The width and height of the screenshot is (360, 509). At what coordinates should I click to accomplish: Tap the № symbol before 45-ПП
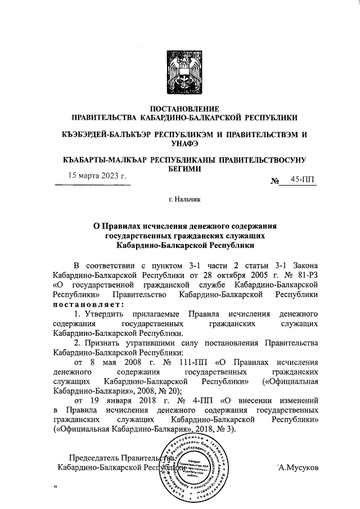(276, 181)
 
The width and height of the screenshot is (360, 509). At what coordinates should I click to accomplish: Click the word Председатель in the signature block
(93, 457)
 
